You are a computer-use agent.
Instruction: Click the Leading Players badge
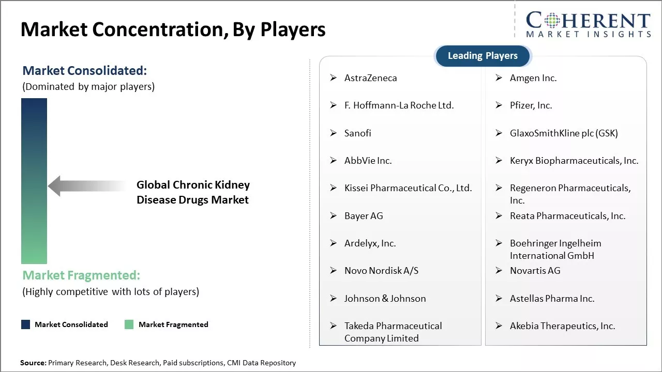(x=483, y=56)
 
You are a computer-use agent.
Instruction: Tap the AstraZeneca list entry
(x=371, y=78)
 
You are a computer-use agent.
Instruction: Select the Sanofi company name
(x=357, y=133)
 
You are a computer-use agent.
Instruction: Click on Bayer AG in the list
(x=364, y=216)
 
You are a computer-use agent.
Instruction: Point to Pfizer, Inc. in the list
(x=531, y=105)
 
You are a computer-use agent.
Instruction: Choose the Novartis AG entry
(x=535, y=270)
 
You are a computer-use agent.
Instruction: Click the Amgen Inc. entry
(x=533, y=78)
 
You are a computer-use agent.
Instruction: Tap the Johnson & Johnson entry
(x=385, y=299)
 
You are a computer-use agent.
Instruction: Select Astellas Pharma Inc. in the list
(x=552, y=299)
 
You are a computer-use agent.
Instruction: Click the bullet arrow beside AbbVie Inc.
(x=334, y=160)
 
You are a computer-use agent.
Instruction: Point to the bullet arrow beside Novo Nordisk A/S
(x=334, y=270)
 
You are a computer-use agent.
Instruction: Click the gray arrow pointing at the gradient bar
(x=87, y=186)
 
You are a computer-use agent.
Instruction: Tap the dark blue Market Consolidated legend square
(x=26, y=324)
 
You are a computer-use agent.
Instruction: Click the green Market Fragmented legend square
(x=129, y=324)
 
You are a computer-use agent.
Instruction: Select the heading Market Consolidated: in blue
(x=85, y=71)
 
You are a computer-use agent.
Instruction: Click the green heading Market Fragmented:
(x=81, y=275)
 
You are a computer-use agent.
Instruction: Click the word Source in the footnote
(x=33, y=363)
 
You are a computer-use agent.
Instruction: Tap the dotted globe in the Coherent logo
(x=552, y=20)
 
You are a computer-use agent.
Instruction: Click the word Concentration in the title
(x=160, y=29)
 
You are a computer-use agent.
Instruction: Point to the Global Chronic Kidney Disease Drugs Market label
(x=193, y=192)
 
